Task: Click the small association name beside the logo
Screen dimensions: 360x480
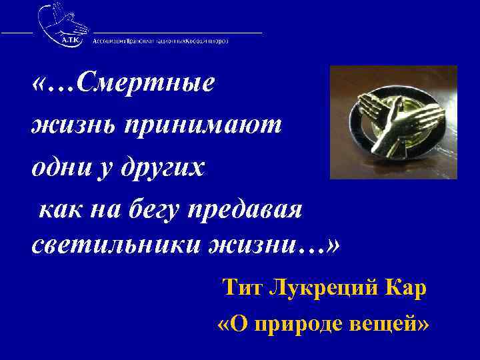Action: tap(160, 40)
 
